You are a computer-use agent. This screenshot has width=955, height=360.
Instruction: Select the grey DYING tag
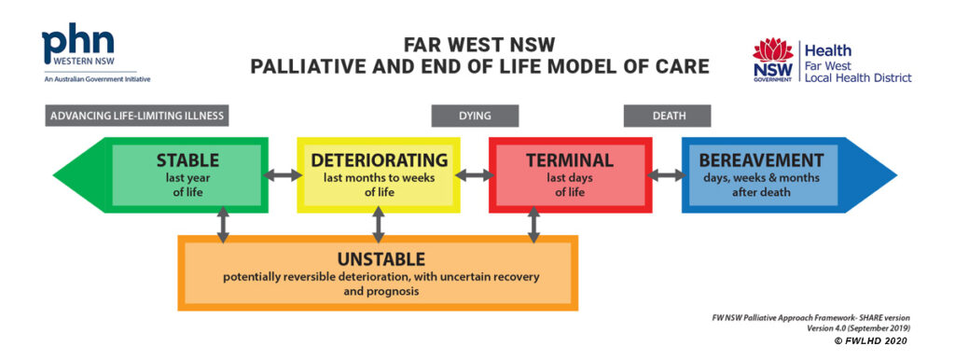474,116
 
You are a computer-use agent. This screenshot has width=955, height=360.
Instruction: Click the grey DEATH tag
667,116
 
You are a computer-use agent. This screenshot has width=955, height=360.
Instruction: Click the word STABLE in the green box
187,160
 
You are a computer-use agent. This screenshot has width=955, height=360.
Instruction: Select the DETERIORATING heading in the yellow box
379,160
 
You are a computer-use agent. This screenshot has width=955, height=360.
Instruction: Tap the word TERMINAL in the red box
569,160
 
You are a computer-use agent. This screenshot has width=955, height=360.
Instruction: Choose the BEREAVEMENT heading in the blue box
761,160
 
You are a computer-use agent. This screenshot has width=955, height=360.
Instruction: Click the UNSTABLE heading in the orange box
377,258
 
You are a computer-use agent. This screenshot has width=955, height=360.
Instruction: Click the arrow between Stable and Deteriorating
283,174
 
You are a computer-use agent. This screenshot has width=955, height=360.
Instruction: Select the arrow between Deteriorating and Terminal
475,174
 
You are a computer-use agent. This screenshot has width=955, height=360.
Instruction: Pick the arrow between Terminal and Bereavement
666,174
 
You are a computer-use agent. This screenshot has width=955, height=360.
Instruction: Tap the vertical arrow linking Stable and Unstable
223,225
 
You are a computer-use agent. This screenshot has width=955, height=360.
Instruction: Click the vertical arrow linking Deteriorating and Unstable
378,225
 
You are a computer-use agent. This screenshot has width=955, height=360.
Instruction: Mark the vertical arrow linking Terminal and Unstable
533,225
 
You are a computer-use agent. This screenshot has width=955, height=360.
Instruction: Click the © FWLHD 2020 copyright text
872,341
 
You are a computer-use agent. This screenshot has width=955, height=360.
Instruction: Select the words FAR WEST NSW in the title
477,44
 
